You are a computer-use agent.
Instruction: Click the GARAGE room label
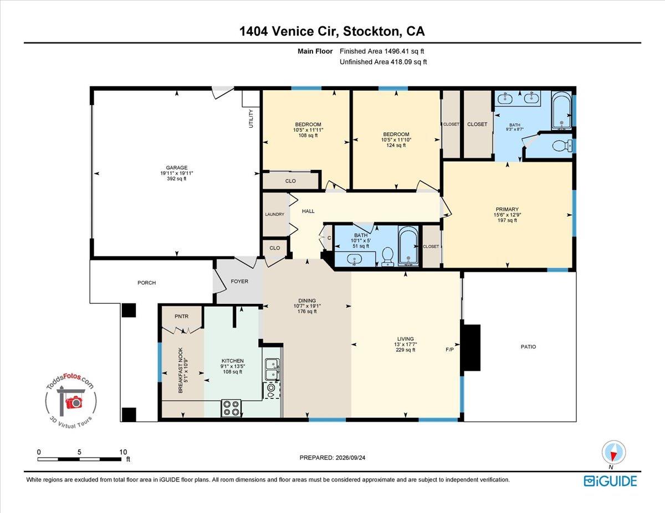click(177, 168)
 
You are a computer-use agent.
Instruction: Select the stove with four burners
click(231, 408)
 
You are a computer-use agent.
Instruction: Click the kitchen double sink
click(272, 369)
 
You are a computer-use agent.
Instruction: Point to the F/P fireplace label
click(449, 350)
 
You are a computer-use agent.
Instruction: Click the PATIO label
click(528, 347)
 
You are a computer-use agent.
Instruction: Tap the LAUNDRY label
click(274, 214)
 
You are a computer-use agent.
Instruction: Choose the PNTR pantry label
click(181, 317)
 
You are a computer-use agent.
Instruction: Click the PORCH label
click(147, 283)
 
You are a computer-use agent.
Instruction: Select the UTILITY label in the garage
click(251, 119)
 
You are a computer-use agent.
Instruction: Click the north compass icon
click(613, 453)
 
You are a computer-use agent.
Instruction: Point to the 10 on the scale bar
click(123, 452)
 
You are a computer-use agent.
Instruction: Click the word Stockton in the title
click(372, 32)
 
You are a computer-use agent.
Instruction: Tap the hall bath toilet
click(388, 256)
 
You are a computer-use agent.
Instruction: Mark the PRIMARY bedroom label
click(507, 209)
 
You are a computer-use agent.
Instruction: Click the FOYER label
click(239, 281)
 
